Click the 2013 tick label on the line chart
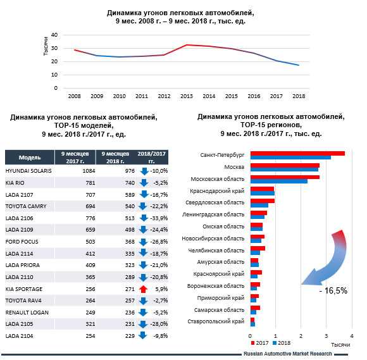[187, 96]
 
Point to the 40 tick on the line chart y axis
[54, 35]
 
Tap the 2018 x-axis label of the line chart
[299, 96]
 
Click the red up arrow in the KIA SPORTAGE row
[143, 289]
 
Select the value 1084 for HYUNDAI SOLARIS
[89, 171]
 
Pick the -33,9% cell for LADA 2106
[159, 218]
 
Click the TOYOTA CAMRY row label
[26, 206]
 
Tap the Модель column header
[30, 158]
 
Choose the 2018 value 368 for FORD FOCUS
[130, 242]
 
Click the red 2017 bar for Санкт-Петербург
[297, 154]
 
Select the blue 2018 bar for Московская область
[279, 181]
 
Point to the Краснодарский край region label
[217, 191]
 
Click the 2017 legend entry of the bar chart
[259, 343]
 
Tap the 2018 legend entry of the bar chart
[282, 343]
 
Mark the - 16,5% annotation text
[333, 290]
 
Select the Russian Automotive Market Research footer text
[288, 354]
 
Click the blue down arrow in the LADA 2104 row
[143, 335]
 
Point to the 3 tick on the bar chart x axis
[327, 336]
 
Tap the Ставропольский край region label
[216, 321]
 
